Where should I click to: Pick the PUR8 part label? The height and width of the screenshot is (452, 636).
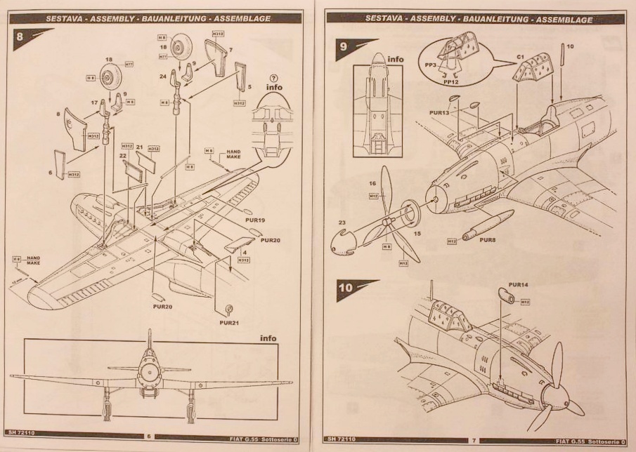(488, 239)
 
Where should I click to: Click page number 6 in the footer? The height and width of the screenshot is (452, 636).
(148, 437)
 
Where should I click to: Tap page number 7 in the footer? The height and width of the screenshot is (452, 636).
(474, 439)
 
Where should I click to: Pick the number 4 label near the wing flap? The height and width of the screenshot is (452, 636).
(244, 251)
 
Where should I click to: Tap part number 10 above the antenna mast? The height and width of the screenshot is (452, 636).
(571, 47)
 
